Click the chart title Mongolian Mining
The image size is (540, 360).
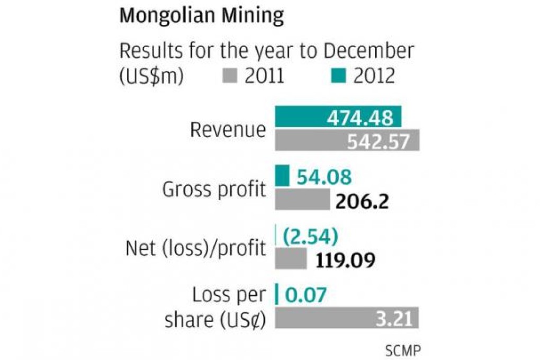pos(201,16)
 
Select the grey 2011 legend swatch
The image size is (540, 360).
pos(228,77)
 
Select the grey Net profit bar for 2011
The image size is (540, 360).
pos(291,259)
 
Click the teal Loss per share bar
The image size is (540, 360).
pos(276,294)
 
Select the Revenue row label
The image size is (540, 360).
pos(228,130)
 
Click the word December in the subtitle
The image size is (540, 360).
pos(368,51)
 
